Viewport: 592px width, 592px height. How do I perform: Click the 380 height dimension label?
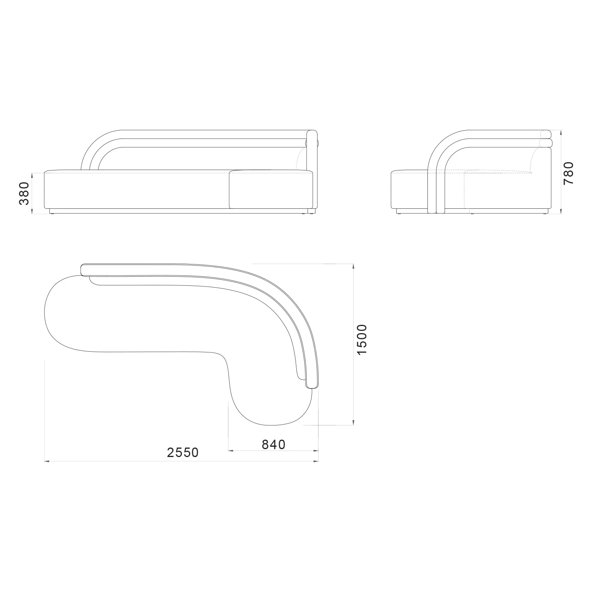point(24,193)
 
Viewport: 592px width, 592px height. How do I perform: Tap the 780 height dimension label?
point(569,173)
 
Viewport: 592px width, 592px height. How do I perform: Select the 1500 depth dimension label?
point(362,339)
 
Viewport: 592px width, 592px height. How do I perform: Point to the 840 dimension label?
point(274,444)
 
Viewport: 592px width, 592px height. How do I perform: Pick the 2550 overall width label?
point(183,452)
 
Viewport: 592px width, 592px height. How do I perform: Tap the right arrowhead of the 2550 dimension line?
point(316,461)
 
